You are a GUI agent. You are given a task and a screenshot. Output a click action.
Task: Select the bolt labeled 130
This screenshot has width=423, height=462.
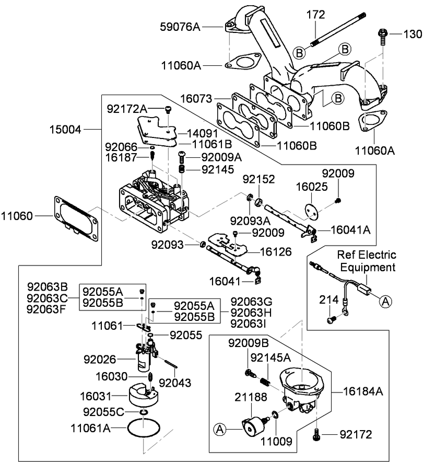[381, 36]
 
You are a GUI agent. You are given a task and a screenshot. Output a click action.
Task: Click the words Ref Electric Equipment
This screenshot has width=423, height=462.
[366, 261]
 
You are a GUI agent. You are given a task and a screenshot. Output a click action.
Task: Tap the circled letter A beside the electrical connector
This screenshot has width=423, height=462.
[384, 301]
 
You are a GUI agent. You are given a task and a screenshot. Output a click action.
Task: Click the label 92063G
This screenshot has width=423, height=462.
[251, 302]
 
